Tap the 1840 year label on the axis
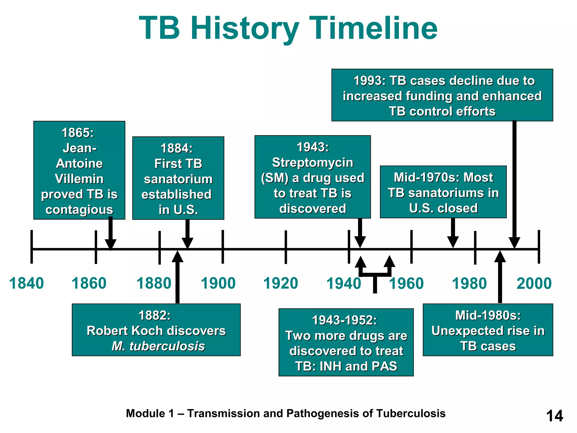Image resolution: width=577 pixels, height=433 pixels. click(26, 283)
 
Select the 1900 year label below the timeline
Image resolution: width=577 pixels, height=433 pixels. click(218, 283)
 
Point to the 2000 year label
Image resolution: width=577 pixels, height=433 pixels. click(534, 283)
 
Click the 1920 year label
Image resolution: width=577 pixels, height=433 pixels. click(281, 283)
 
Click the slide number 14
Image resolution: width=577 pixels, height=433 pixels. click(554, 416)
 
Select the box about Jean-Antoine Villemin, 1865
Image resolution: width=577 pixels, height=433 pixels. click(79, 170)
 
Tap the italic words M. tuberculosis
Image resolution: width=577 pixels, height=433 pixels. click(158, 346)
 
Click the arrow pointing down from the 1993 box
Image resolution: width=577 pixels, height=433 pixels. click(514, 183)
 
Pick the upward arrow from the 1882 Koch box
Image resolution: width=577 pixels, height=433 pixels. click(177, 276)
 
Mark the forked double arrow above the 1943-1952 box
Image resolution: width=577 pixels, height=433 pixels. click(375, 273)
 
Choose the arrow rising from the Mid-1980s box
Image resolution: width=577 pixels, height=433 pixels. click(500, 276)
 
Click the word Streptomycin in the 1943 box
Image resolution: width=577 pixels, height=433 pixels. click(312, 163)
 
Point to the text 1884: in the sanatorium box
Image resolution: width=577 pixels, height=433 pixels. click(177, 148)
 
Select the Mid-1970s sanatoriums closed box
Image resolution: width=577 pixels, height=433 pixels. click(443, 192)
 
